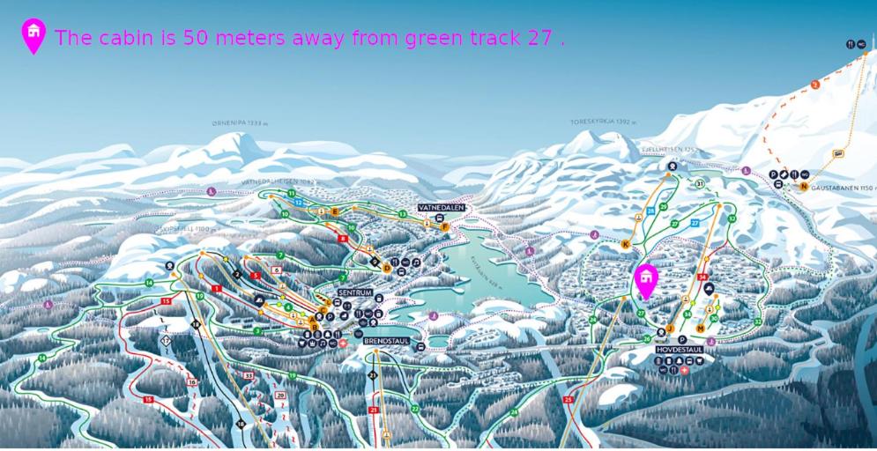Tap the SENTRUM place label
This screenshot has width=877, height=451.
[x=355, y=292]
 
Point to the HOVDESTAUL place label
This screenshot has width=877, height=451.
[x=680, y=350]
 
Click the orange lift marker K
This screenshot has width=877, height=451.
[x=626, y=244]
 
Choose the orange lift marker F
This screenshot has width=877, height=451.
[x=444, y=226]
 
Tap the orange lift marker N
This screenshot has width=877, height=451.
[x=804, y=186]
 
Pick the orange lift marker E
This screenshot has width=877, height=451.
[x=334, y=211]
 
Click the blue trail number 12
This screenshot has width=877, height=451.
[x=299, y=203]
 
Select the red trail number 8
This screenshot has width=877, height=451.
[x=342, y=238]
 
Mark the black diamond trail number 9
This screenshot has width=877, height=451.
[x=375, y=262]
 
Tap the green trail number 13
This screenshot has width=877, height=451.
[x=402, y=214]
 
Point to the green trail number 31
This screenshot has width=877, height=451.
[x=699, y=183]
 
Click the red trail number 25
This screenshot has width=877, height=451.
[x=568, y=399]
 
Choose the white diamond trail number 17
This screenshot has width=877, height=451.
[x=166, y=338]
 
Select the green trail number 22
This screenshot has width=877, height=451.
[x=414, y=409]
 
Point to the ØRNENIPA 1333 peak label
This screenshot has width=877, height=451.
[x=240, y=124]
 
